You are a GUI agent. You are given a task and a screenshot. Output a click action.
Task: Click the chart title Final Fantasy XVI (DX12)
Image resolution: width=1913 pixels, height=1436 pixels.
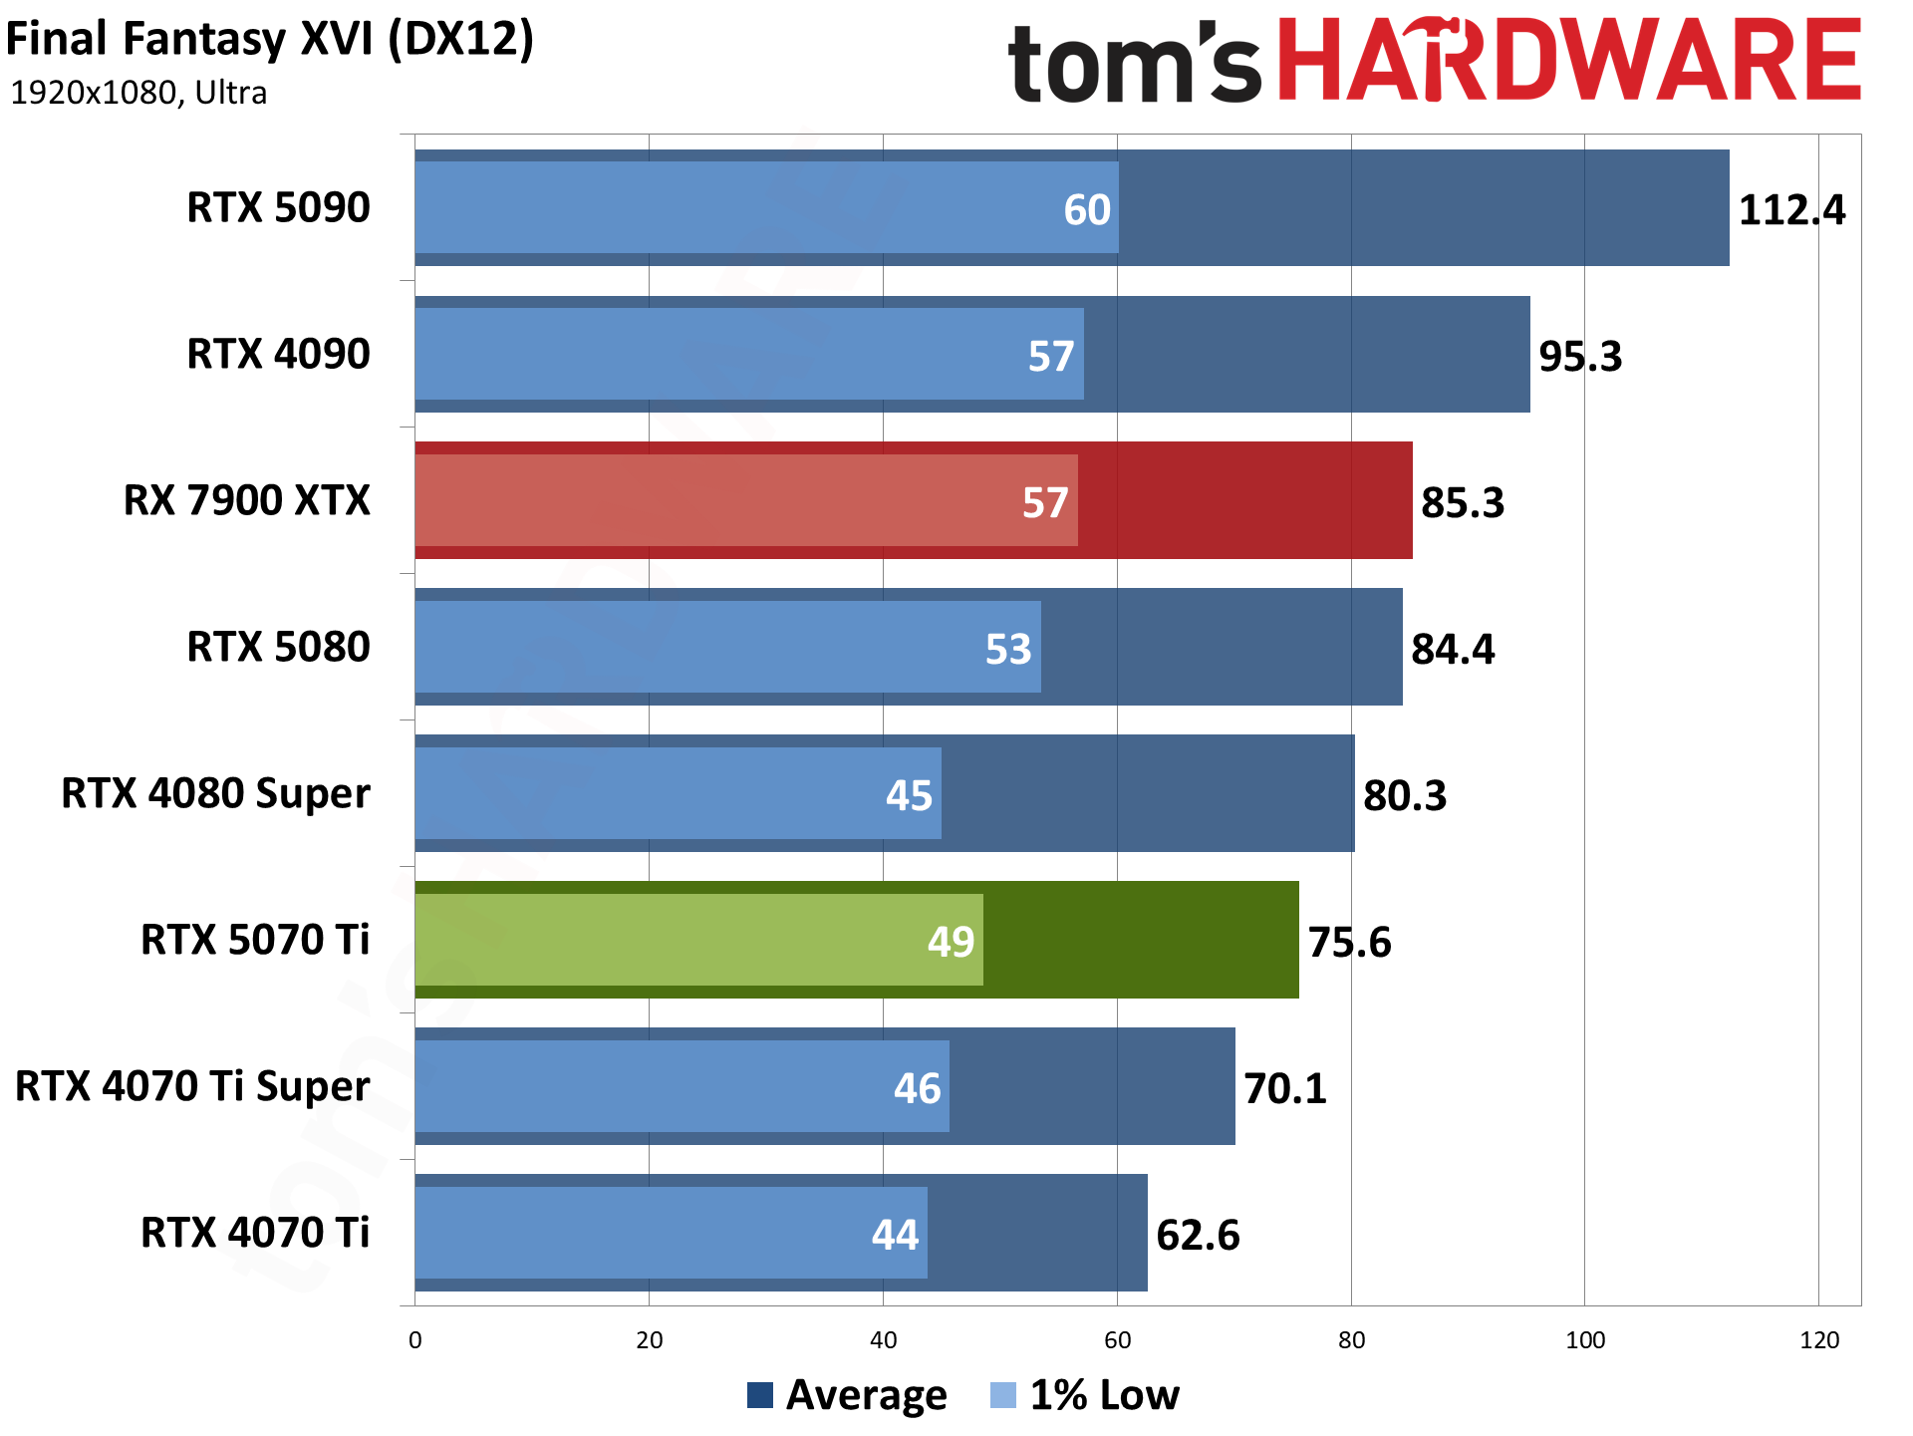tap(270, 40)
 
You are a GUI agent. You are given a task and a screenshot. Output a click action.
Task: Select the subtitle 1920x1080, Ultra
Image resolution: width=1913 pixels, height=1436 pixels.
tap(138, 93)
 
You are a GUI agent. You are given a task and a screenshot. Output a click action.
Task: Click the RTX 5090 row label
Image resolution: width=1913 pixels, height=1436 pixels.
tap(278, 207)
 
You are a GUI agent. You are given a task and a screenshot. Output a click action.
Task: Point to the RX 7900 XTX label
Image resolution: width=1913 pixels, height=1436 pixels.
tap(246, 500)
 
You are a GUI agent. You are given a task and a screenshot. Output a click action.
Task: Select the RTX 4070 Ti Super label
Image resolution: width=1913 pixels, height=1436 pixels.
tap(192, 1086)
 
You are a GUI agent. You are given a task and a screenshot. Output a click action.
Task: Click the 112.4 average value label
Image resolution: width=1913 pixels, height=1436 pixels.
tap(1790, 210)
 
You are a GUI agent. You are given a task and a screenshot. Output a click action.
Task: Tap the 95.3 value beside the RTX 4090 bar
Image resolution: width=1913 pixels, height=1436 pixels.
tap(1579, 356)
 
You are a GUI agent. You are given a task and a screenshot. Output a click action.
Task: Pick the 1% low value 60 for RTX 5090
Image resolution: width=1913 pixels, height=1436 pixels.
tap(1086, 210)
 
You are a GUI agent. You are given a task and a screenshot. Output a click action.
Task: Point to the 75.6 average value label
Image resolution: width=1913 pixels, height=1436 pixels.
tap(1348, 942)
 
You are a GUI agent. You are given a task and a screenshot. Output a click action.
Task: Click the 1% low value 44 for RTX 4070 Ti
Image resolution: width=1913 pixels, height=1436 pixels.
tap(895, 1235)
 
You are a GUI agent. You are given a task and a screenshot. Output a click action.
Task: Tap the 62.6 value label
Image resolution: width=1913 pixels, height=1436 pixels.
tap(1197, 1235)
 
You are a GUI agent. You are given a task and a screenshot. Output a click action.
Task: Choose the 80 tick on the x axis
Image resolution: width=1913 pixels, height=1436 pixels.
tap(1351, 1340)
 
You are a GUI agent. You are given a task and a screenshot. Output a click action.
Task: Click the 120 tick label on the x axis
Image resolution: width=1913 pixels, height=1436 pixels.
tap(1818, 1340)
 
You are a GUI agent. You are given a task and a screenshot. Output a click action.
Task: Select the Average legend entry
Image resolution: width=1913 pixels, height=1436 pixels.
tap(847, 1395)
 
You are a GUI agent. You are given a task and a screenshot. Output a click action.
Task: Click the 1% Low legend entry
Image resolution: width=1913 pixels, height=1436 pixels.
tap(1086, 1395)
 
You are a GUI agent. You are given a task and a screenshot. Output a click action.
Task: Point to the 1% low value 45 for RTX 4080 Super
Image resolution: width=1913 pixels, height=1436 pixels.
tap(909, 795)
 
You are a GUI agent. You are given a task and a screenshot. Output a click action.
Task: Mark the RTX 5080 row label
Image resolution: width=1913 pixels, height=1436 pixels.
tap(278, 647)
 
